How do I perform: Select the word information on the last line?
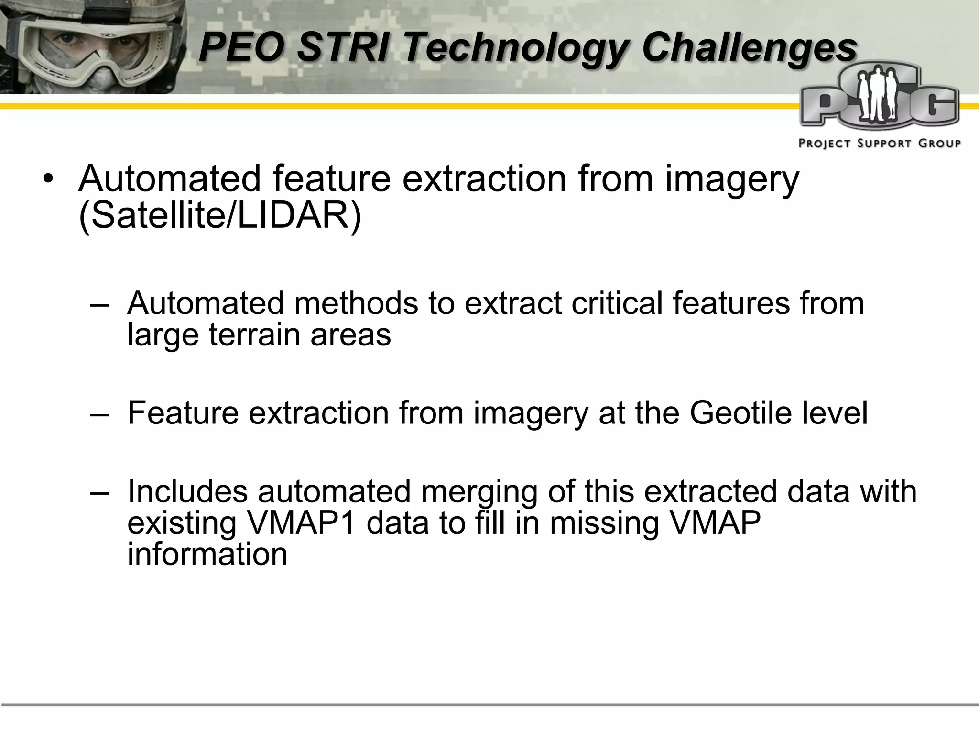tap(207, 554)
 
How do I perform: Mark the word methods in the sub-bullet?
tap(356, 303)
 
